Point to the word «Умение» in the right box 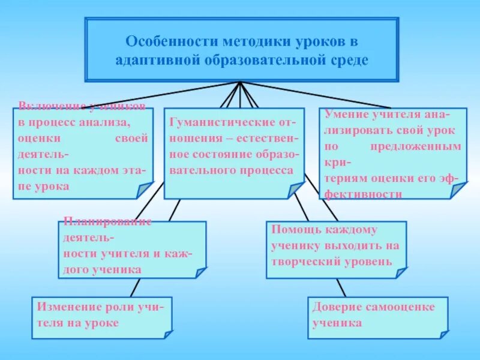pyautogui.click(x=346, y=113)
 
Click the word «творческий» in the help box pyautogui.click(x=304, y=262)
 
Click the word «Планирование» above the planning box pyautogui.click(x=106, y=220)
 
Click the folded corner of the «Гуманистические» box pyautogui.click(x=295, y=191)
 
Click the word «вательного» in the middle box pyautogui.click(x=202, y=170)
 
